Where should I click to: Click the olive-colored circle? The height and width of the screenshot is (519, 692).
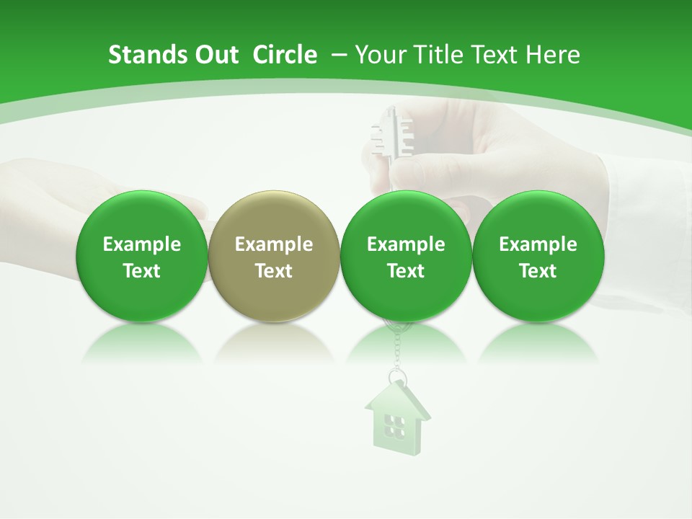tap(274, 256)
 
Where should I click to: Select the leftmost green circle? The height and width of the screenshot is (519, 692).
tap(142, 256)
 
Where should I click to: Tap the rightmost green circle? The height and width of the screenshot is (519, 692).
tap(538, 256)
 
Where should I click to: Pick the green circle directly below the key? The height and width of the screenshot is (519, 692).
tap(406, 256)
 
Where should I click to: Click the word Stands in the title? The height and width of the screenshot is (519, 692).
tap(141, 55)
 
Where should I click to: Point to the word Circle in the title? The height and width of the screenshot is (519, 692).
tap(285, 55)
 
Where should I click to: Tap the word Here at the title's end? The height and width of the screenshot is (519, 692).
tap(553, 55)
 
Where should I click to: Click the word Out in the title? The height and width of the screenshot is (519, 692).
tap(216, 55)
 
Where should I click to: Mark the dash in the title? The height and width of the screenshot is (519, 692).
tap(339, 55)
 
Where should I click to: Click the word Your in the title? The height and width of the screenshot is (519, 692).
tap(378, 55)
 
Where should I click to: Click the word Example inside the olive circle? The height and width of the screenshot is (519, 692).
tap(274, 244)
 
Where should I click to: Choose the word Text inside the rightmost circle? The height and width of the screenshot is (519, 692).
tap(538, 271)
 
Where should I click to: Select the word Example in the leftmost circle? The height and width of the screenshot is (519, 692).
tap(142, 244)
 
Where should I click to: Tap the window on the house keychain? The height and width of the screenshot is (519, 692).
tap(394, 426)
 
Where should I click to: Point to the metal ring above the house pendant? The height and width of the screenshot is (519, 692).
tap(396, 378)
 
